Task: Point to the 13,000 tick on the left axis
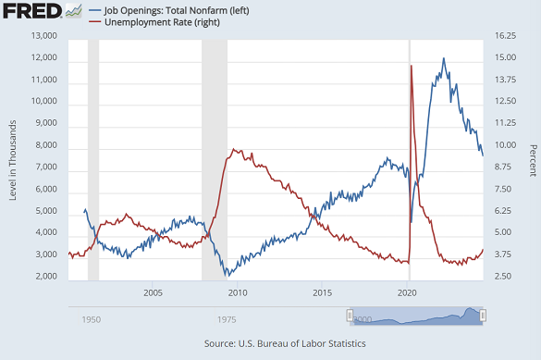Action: [x=44, y=36]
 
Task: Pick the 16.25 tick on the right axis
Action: [x=504, y=36]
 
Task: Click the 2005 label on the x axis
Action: [x=153, y=293]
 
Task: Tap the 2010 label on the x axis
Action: [x=238, y=293]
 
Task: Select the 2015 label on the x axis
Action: [x=322, y=293]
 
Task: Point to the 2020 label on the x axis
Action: [x=407, y=293]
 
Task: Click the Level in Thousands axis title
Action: [x=13, y=155]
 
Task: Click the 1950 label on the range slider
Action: [x=91, y=319]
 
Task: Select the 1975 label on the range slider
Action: [x=226, y=319]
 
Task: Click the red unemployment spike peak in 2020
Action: [x=411, y=66]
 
